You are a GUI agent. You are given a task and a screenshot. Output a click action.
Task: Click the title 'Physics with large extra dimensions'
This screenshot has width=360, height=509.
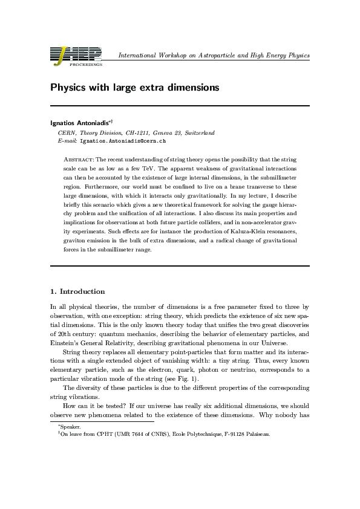134,87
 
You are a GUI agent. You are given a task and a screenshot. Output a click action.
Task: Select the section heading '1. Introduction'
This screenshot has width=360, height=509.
77,291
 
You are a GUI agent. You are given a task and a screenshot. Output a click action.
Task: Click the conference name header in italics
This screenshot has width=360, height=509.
214,56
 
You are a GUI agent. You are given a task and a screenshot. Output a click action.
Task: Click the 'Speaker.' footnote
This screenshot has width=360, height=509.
63,427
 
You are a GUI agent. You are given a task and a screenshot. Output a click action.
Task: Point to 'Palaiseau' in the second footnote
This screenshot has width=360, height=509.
257,434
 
